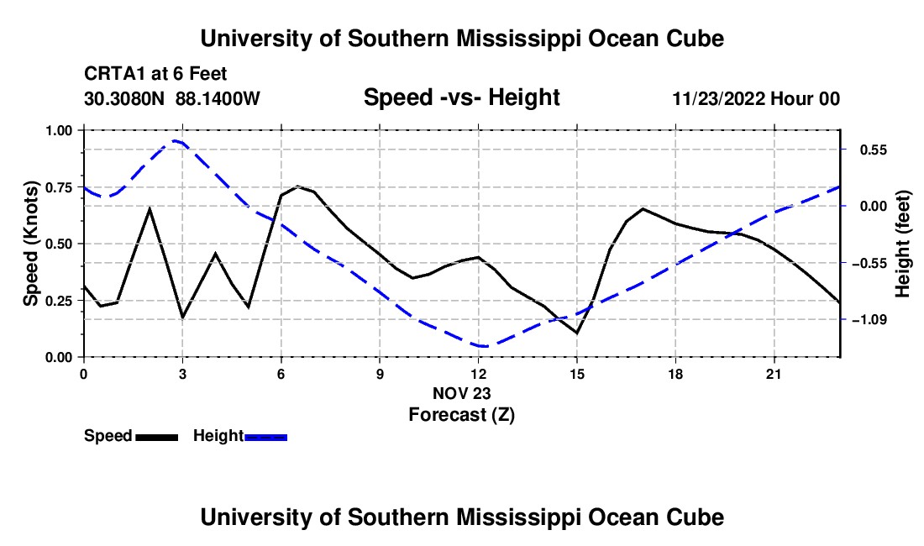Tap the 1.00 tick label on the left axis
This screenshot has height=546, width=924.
tap(59, 130)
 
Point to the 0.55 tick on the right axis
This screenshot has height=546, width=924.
tap(874, 150)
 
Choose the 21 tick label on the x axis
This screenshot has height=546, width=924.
tap(774, 374)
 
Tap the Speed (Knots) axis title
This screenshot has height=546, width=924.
tap(30, 244)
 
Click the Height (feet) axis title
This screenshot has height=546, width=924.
tap(903, 244)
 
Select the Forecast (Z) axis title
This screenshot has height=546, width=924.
tap(462, 415)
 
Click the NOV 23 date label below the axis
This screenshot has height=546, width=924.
tap(461, 393)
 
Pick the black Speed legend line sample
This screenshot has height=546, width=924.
tap(157, 438)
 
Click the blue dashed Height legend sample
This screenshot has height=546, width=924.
tap(265, 438)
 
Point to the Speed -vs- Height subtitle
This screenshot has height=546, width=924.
tap(461, 97)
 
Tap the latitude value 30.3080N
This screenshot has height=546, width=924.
tap(124, 98)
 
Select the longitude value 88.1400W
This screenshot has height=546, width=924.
tap(218, 98)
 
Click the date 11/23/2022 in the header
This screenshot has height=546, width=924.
tap(719, 98)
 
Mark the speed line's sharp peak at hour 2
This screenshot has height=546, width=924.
tap(150, 208)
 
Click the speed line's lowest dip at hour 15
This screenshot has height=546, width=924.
tap(577, 333)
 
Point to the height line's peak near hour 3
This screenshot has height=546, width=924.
tap(175, 141)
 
